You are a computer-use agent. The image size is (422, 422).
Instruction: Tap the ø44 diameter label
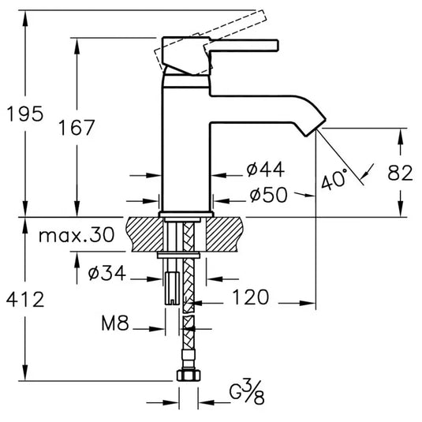[265, 169]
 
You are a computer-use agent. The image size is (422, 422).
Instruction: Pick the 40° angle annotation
[333, 181]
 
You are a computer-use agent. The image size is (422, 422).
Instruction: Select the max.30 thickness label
[76, 234]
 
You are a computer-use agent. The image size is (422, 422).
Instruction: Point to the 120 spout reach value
[252, 297]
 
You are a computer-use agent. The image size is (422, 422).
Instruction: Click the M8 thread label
[115, 323]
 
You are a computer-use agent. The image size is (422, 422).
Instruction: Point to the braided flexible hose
[188, 300]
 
